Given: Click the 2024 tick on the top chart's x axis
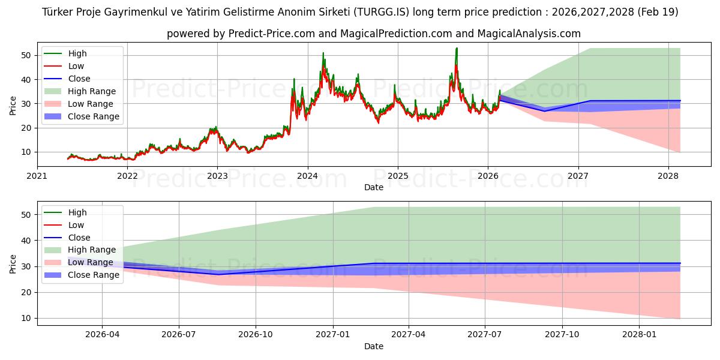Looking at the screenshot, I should pos(307,176).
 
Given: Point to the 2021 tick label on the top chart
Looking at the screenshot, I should pos(37,176).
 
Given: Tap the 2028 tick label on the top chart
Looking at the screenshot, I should pos(668,176).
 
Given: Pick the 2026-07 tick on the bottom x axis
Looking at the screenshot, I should pos(179,335).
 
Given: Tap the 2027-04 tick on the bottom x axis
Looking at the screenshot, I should pos(409,335).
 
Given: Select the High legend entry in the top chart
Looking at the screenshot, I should pos(77,53).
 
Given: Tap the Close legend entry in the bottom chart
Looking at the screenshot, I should pos(79,238).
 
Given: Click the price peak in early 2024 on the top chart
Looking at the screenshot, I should pos(323,53).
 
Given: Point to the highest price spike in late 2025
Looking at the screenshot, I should pos(457,49).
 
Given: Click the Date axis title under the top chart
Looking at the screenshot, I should pos(373,187).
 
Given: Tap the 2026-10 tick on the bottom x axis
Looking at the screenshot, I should pos(256,335).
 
